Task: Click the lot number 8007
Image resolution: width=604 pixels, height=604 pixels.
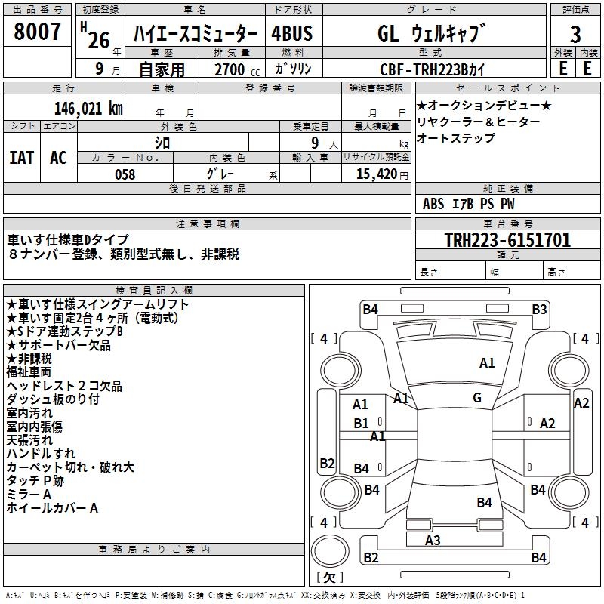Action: (38, 32)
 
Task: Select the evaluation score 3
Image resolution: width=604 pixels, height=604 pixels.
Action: (575, 35)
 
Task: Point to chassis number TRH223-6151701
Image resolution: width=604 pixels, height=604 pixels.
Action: (507, 240)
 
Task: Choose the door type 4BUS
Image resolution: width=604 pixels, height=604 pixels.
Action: (291, 33)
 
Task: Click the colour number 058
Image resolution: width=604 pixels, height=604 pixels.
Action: (125, 174)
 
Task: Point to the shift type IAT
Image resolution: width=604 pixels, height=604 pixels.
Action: (21, 157)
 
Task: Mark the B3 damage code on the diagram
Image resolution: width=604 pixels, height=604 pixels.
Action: (539, 309)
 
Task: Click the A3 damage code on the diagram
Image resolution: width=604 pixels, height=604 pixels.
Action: (433, 540)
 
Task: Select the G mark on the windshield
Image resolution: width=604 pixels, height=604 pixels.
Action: (477, 398)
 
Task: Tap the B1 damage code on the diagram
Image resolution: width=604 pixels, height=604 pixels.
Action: (362, 424)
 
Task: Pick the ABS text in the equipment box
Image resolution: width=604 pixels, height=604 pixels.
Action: (434, 203)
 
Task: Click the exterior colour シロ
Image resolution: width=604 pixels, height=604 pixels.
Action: (162, 142)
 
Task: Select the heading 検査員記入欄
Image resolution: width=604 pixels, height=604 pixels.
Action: (155, 291)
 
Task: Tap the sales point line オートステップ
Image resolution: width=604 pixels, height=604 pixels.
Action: (456, 138)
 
